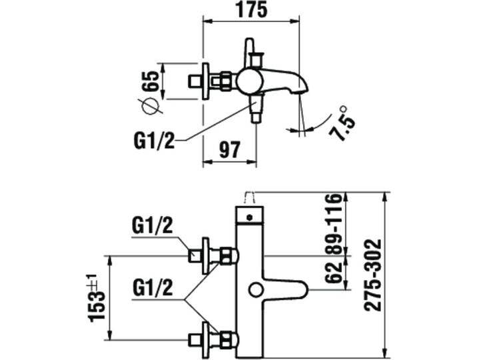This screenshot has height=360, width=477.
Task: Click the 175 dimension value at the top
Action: (250, 11)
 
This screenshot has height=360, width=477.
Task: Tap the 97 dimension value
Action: (229, 150)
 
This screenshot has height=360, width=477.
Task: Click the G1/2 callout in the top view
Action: (155, 140)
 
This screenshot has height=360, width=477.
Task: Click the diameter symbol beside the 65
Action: (149, 105)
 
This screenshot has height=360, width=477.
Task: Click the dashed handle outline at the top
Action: (250, 197)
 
